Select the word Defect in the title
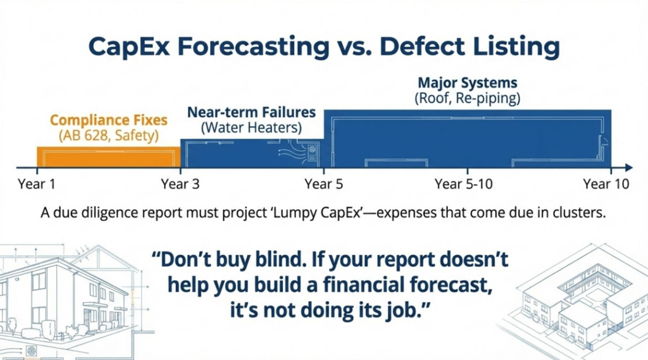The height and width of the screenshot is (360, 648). [x=422, y=46]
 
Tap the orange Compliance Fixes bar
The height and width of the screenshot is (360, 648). [x=109, y=157]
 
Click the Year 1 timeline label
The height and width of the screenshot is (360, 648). [x=36, y=184]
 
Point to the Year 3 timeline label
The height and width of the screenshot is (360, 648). [x=180, y=184]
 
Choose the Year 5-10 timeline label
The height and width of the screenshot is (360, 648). [x=464, y=184]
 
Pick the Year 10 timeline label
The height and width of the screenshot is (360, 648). [x=606, y=184]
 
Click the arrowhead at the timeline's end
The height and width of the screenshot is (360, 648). [x=629, y=168]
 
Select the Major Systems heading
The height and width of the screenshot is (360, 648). [x=468, y=83]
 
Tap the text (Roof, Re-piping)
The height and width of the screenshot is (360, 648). [x=468, y=98]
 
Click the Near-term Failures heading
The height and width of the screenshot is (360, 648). [x=251, y=113]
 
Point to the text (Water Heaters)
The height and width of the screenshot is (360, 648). [x=251, y=127]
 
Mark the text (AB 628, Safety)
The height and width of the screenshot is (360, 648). [x=109, y=135]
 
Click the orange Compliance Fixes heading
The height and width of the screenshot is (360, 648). [x=109, y=120]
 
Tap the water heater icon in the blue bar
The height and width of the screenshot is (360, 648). [x=311, y=152]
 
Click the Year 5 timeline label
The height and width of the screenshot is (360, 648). [x=323, y=184]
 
